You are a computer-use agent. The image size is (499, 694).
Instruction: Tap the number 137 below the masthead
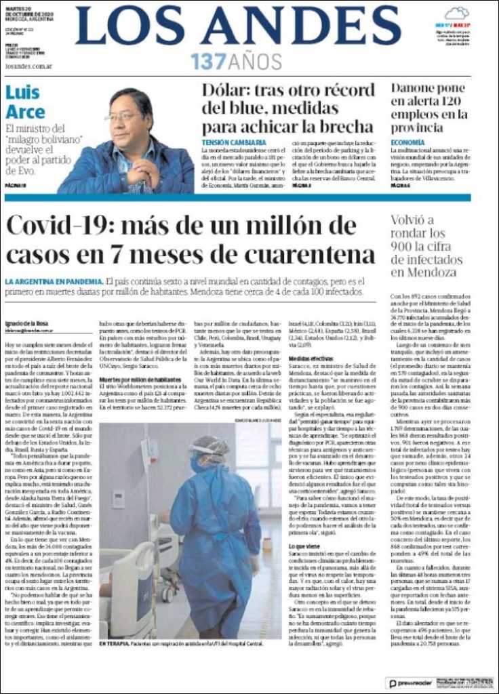207,62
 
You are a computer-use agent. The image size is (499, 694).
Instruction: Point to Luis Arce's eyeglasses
123,117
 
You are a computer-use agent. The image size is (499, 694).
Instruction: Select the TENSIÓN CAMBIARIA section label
229,142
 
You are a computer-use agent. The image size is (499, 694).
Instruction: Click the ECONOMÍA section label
409,142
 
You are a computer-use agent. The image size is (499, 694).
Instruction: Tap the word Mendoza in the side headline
432,272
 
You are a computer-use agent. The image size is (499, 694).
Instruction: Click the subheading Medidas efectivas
311,359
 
